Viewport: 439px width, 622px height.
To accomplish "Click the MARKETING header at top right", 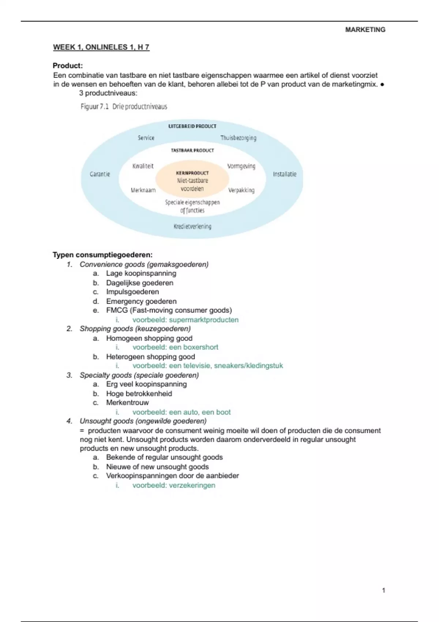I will pos(365,30).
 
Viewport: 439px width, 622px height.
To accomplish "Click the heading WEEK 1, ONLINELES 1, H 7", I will pos(101,47).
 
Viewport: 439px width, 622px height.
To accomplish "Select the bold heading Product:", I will pos(68,66).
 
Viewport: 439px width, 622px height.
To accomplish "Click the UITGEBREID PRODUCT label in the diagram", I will pos(192,126).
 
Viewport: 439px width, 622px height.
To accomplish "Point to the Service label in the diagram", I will pos(146,138).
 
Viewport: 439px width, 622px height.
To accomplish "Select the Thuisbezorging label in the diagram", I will pos(238,138).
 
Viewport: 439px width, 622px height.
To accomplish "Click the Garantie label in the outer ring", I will pos(100,174).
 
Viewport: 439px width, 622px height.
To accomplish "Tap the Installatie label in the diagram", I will pos(285,174).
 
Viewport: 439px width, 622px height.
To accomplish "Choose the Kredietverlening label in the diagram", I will pos(192,226).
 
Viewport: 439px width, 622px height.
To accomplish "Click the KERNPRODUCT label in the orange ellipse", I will pos(192,173).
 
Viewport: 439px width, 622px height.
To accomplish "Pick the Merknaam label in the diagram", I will pos(143,190).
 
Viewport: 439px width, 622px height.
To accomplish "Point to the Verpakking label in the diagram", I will pos(241,190).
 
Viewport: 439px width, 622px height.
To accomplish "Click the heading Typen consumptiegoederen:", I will pos(102,255).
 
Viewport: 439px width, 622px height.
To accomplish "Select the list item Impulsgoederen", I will pos(132,292).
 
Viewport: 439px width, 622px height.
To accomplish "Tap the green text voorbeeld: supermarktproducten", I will pos(185,320).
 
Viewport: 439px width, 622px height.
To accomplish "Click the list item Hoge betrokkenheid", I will pos(139,394).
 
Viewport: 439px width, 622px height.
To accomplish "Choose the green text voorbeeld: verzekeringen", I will pos(174,486).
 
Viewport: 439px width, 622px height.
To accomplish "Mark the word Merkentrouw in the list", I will pos(127,403).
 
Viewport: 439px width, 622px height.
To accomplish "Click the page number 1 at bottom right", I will pos(383,590).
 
